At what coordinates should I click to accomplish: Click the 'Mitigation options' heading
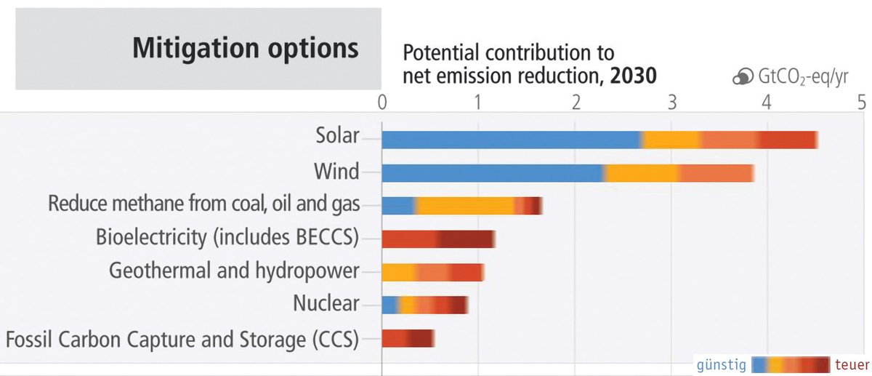[x=245, y=48]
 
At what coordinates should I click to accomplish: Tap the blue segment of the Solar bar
[x=511, y=139]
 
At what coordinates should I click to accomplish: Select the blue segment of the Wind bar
[x=492, y=172]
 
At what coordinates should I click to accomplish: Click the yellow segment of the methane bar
[x=465, y=206]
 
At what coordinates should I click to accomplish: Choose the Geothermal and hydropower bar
[x=432, y=272]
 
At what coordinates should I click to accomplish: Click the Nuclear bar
[x=424, y=305]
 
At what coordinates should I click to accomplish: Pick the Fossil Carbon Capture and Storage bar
[x=408, y=338]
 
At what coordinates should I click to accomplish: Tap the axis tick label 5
[x=862, y=100]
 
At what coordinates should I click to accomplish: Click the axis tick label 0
[x=382, y=100]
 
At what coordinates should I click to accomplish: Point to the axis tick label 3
[x=671, y=100]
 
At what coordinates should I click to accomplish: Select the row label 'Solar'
[x=337, y=136]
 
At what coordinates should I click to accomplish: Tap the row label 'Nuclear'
[x=326, y=303]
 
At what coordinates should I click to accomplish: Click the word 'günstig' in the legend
[x=721, y=364]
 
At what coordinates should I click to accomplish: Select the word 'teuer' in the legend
[x=849, y=364]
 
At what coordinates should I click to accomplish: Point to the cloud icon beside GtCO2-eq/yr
[x=742, y=78]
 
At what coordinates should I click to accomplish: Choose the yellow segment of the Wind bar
[x=642, y=172]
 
